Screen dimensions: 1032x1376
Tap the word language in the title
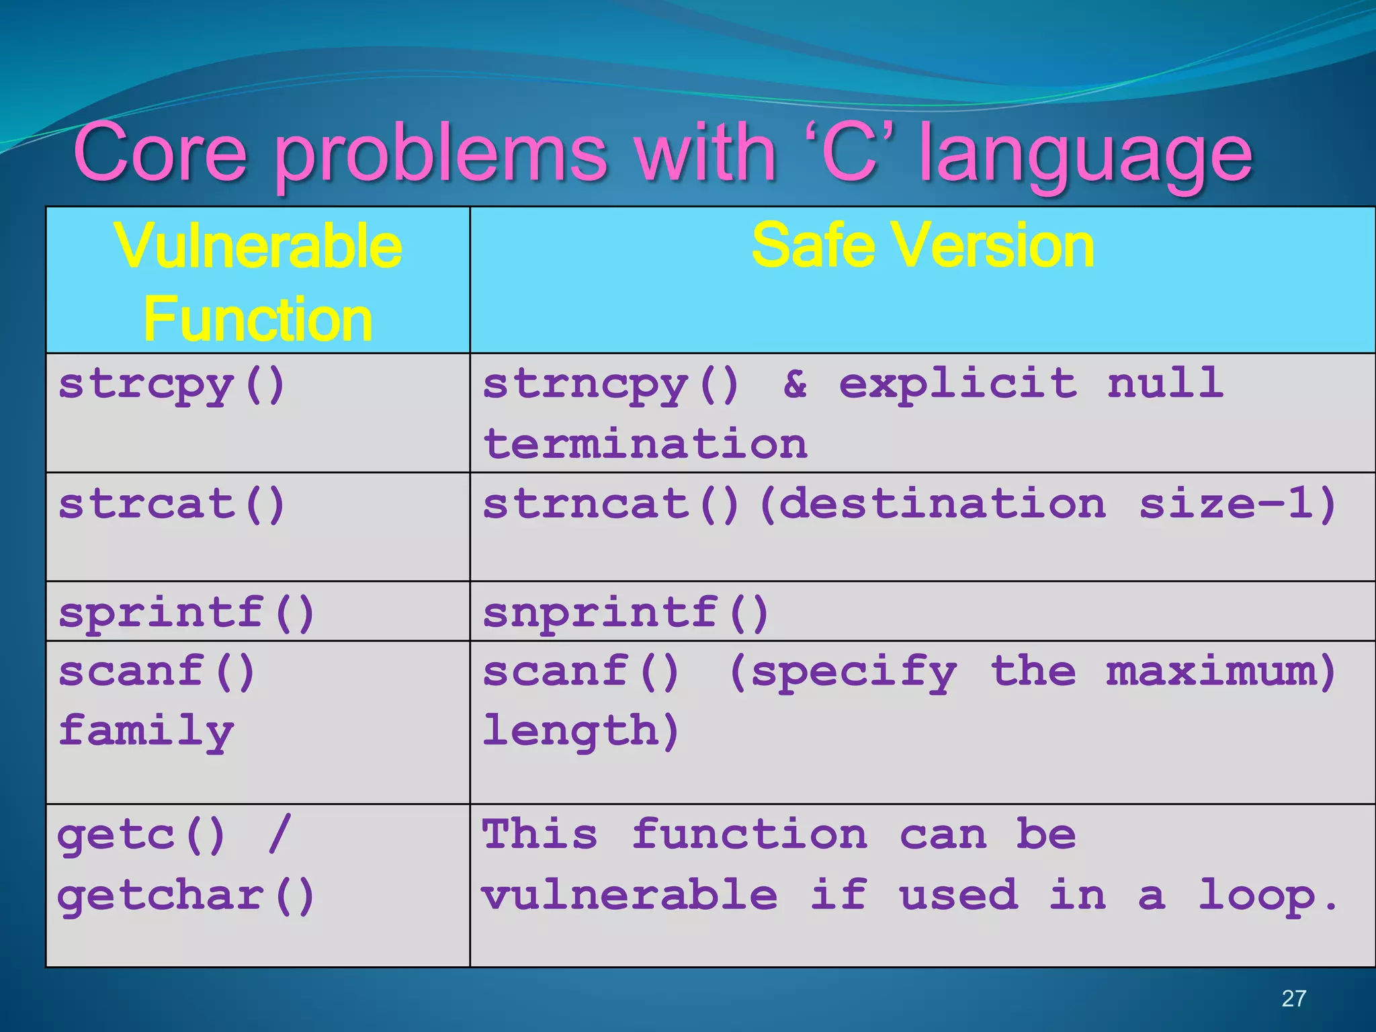[1085, 156]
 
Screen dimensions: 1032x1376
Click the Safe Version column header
[922, 246]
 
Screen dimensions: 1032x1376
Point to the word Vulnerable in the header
[258, 247]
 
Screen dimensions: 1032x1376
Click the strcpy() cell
[172, 385]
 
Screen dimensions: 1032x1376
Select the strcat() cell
[172, 505]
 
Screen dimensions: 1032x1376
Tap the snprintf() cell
[626, 613]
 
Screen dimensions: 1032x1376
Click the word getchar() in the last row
[186, 896]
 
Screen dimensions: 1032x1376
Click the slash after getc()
[279, 834]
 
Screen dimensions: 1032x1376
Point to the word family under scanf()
[146, 731]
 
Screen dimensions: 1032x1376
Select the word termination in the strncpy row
[645, 444]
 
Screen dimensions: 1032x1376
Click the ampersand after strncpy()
[795, 384]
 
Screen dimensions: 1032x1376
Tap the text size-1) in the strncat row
[1237, 504]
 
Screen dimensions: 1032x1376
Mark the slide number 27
[1293, 998]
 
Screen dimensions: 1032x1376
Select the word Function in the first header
[258, 320]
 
